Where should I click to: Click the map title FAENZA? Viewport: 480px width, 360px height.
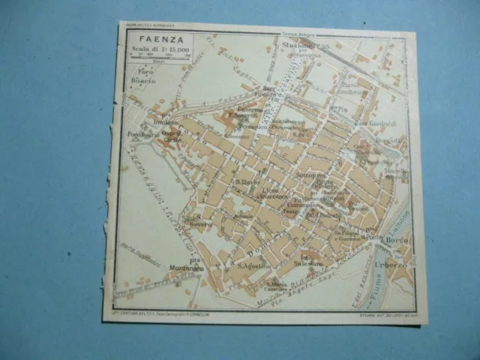tap(148, 41)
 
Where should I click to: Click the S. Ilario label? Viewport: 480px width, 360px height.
tap(247, 181)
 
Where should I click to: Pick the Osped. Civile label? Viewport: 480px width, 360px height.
tap(172, 136)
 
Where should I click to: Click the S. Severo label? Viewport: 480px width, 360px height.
tap(200, 223)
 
